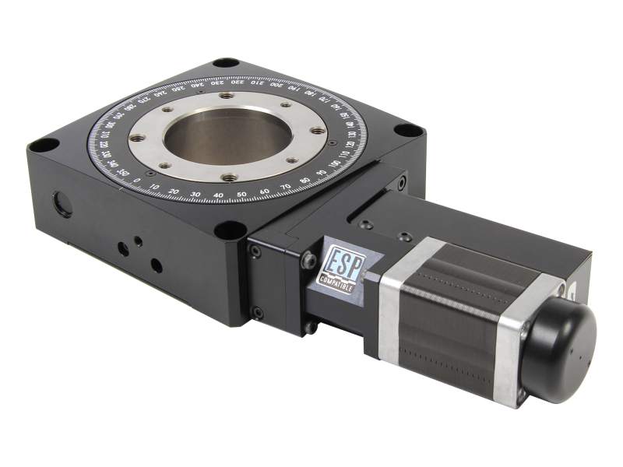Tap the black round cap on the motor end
pyautogui.click(x=559, y=341)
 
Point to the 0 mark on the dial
pyautogui.click(x=137, y=182)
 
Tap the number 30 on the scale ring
pyautogui.click(x=195, y=194)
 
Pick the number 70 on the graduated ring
pyautogui.click(x=285, y=188)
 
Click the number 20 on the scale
pyautogui.click(x=174, y=191)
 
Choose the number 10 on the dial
pyautogui.click(x=154, y=188)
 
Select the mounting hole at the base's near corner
pyautogui.click(x=231, y=230)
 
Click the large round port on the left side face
pyautogui.click(x=62, y=205)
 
